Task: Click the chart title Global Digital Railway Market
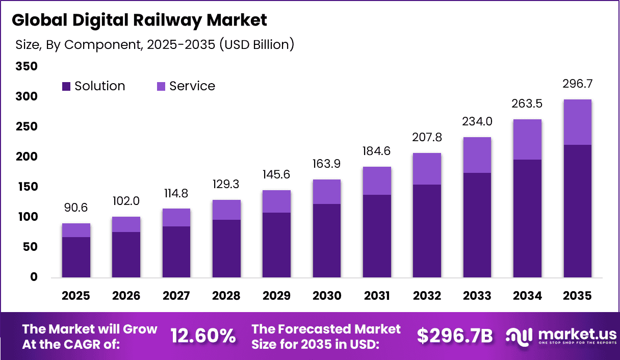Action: [x=139, y=20]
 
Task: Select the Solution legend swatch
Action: [x=66, y=87]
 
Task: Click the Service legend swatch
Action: [x=161, y=87]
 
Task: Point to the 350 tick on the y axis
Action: [x=27, y=66]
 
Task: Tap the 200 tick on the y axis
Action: [x=27, y=157]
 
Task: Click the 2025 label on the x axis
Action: [x=76, y=296]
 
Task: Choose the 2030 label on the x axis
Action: [x=327, y=296]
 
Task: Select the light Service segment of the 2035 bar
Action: [x=577, y=122]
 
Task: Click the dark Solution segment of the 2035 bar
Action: [x=577, y=211]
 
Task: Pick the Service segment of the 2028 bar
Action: [x=226, y=210]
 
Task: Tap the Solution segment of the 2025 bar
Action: [x=76, y=257]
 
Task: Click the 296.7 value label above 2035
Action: [x=577, y=84]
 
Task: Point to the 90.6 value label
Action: [x=76, y=208]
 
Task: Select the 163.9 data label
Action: [x=327, y=164]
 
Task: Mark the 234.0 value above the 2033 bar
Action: [x=477, y=122]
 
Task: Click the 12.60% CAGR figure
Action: [x=203, y=336]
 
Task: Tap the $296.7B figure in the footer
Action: [x=455, y=336]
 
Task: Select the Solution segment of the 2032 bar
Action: [x=427, y=231]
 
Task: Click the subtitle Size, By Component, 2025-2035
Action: [x=154, y=45]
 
